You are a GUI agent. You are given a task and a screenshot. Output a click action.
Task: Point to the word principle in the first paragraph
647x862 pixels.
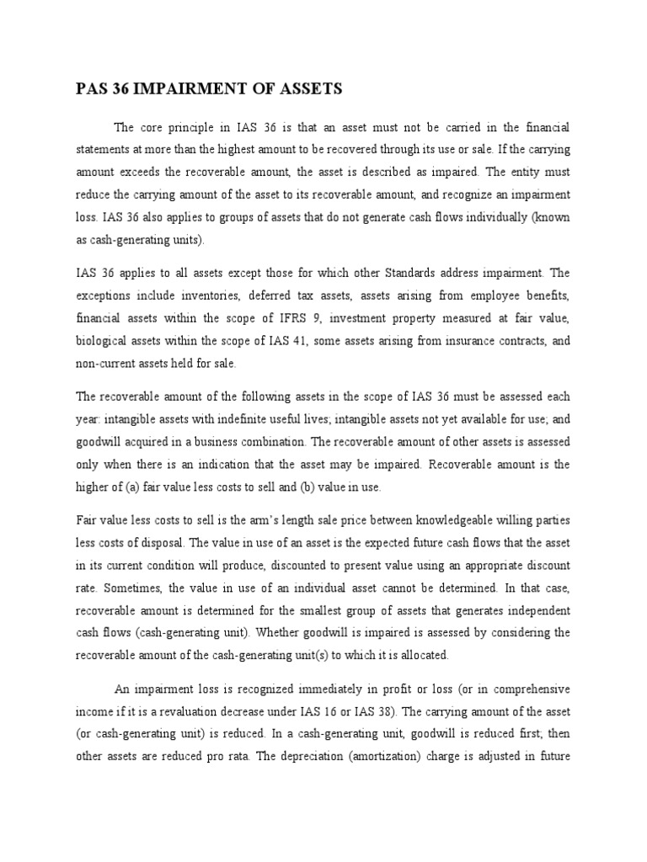pyautogui.click(x=201, y=128)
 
